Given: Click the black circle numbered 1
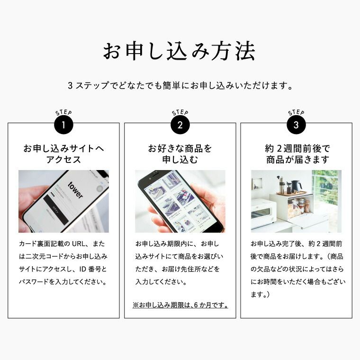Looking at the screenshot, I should tap(63, 125).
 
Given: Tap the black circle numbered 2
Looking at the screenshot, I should tap(180, 125).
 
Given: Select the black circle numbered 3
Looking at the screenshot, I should tap(296, 125).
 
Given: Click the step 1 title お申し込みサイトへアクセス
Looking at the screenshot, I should tap(63, 154).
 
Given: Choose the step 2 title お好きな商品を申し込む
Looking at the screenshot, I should tap(180, 154).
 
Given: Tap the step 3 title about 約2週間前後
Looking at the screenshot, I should tap(296, 154).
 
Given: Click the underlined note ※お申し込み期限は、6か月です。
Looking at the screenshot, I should tap(180, 305).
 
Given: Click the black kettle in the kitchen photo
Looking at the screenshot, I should tap(297, 186).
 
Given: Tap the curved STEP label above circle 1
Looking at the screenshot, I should tap(63, 113).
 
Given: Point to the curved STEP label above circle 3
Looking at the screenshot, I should tap(296, 113).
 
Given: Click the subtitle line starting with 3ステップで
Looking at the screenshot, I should tap(180, 86).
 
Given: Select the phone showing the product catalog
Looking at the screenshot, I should tap(182, 201).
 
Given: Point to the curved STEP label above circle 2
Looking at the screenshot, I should tap(180, 113).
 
